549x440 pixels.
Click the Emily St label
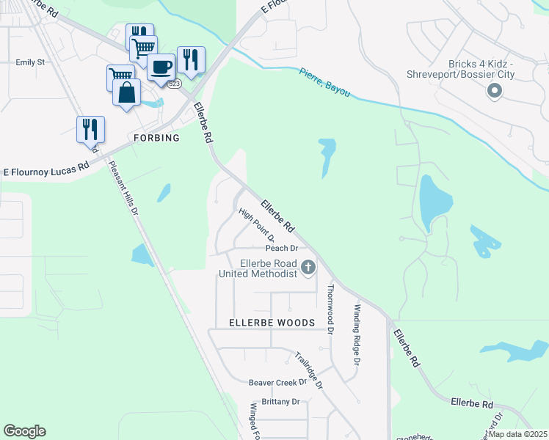click(30, 62)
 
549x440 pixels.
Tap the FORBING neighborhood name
click(156, 138)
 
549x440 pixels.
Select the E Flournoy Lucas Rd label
click(46, 169)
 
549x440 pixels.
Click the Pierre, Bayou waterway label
click(324, 83)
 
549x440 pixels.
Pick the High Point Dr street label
click(257, 225)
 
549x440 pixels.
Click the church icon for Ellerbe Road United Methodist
click(308, 267)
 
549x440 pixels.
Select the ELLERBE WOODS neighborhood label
click(272, 323)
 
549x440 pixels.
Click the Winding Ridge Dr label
click(358, 335)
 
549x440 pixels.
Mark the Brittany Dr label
click(275, 402)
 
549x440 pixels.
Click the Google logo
click(24, 431)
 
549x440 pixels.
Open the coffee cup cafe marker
click(161, 67)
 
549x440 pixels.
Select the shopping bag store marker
click(126, 93)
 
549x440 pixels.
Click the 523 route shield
click(174, 84)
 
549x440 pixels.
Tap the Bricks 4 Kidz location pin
click(494, 91)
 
